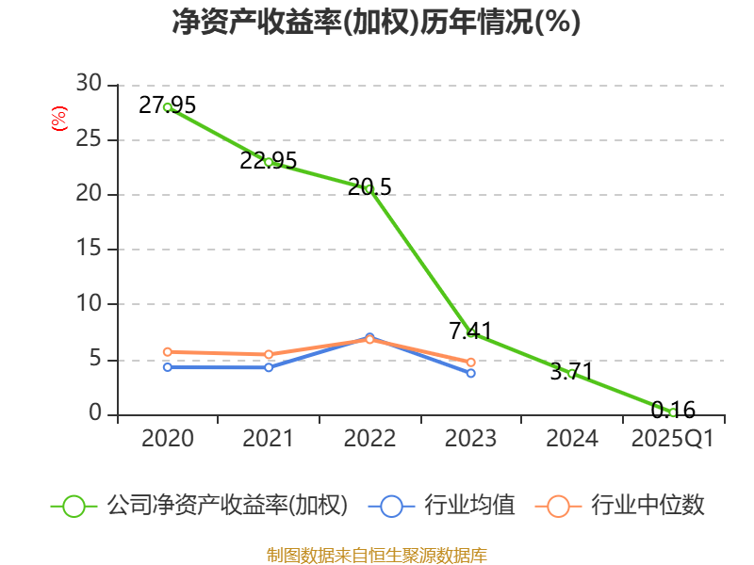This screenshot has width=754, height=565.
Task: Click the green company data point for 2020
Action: click(168, 107)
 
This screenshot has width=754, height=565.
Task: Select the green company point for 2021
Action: click(269, 162)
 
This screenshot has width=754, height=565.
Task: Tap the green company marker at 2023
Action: click(471, 333)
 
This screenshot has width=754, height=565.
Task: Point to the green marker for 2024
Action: click(572, 374)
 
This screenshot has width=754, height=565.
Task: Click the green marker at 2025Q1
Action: click(673, 412)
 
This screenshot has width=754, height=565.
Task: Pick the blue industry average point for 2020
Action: click(168, 367)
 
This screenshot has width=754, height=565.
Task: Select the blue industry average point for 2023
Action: click(471, 373)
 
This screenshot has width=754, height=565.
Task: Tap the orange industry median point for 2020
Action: click(168, 352)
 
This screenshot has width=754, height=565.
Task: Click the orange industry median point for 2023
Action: click(471, 363)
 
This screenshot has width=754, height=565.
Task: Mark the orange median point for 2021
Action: click(269, 355)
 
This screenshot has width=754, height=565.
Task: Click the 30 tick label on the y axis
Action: click(89, 85)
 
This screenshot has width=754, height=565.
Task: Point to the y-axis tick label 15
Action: click(89, 250)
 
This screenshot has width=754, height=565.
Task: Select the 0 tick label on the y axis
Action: click(94, 414)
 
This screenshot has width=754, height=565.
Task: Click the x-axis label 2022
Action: click(369, 439)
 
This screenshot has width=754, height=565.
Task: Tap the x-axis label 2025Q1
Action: click(673, 439)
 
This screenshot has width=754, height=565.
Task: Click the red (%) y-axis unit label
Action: click(58, 120)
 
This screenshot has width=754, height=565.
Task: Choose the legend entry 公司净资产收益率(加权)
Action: click(226, 506)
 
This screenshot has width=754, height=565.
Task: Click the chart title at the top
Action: click(377, 23)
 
